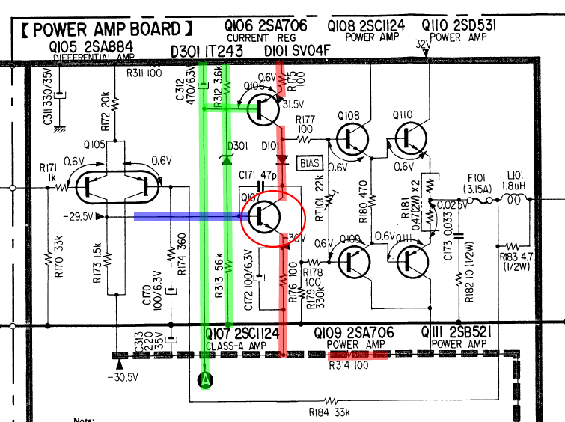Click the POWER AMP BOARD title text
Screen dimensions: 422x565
click(101, 30)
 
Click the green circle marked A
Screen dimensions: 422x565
click(205, 381)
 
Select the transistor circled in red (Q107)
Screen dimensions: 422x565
click(273, 216)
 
